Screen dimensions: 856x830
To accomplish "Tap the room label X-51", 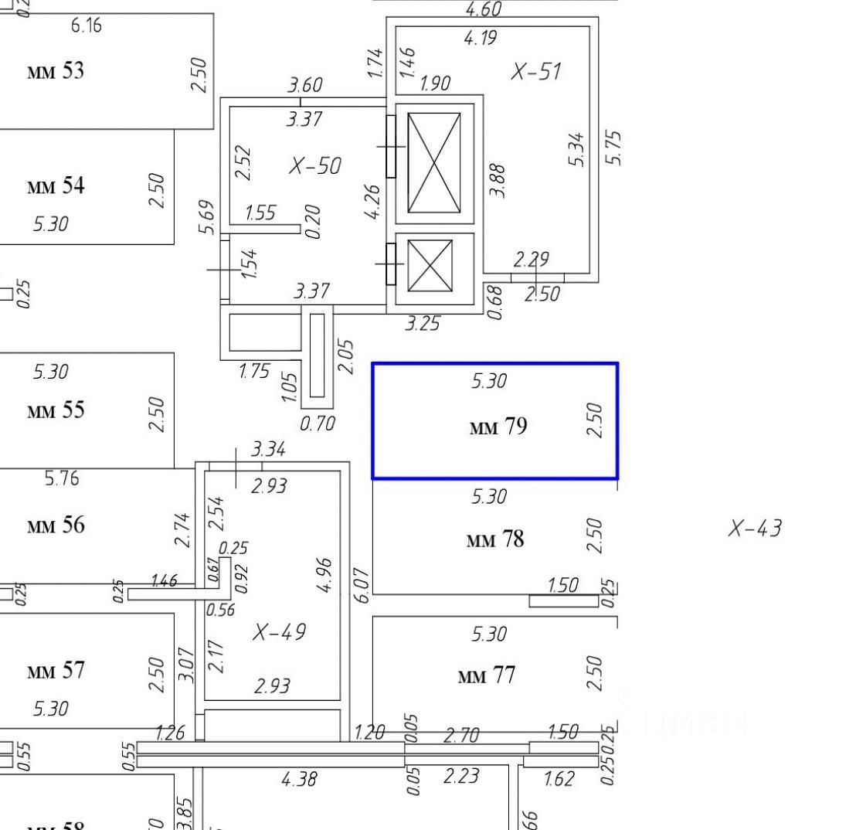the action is pyautogui.click(x=536, y=72).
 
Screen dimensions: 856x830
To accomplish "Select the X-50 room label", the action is pyautogui.click(x=314, y=165).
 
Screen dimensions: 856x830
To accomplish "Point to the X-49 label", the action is pyautogui.click(x=279, y=632).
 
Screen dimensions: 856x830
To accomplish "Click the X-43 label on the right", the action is pyautogui.click(x=755, y=529).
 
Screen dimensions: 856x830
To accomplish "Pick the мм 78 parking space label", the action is pyautogui.click(x=495, y=539).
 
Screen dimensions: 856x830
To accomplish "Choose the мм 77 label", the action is pyautogui.click(x=487, y=676).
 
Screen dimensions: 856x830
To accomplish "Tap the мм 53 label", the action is pyautogui.click(x=56, y=71).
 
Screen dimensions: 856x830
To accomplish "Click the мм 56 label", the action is pyautogui.click(x=56, y=526).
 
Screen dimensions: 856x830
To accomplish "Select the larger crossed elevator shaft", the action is pyautogui.click(x=434, y=163).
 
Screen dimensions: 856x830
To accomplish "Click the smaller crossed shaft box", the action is pyautogui.click(x=430, y=266).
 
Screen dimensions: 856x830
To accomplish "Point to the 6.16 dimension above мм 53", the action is pyautogui.click(x=86, y=26).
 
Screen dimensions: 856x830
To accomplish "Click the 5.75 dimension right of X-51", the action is pyautogui.click(x=614, y=147).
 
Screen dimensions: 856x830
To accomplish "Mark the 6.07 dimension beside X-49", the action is pyautogui.click(x=361, y=585).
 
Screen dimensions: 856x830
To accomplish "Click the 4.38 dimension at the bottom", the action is pyautogui.click(x=299, y=779).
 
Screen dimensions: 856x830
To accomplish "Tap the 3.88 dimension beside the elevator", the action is pyautogui.click(x=498, y=180).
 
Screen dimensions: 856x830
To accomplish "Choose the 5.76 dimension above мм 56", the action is pyautogui.click(x=61, y=479).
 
